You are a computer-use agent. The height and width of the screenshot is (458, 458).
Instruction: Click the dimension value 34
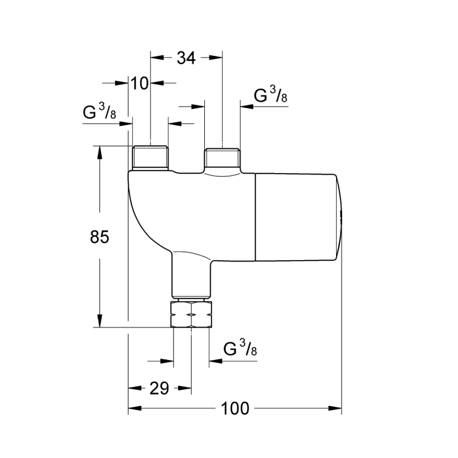186,58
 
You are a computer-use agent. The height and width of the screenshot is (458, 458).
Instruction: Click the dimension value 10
140,83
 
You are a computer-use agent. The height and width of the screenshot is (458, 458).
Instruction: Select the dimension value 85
99,237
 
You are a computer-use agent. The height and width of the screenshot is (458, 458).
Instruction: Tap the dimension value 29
159,388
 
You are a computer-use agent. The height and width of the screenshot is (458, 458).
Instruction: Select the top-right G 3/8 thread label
271,96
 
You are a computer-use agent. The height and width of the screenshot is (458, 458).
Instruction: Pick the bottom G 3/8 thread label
241,349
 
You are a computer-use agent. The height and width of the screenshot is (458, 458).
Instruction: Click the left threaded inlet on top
150,158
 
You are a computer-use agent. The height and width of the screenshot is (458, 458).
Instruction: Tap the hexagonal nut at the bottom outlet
191,314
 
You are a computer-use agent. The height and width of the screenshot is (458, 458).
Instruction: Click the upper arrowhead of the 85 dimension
99,151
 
